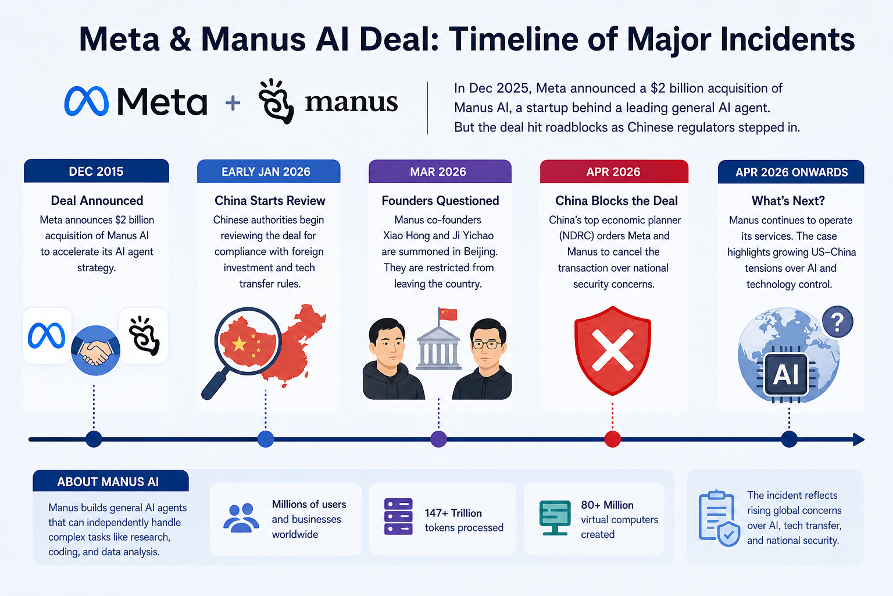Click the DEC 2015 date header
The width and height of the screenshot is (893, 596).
97,171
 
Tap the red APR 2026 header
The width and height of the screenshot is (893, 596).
614,172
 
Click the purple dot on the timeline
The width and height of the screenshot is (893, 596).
438,439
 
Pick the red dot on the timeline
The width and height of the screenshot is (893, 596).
612,439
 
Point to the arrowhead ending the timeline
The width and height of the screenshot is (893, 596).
859,439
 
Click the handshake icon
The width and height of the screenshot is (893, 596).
96,350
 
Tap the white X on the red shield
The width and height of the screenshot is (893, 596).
613,350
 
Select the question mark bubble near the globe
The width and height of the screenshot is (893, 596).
838,322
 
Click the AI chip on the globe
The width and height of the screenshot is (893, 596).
786,374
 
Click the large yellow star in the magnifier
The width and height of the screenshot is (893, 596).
239,344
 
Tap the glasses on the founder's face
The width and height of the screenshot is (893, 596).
487,344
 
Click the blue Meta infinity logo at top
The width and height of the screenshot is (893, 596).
87,101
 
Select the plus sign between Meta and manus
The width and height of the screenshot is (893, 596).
233,102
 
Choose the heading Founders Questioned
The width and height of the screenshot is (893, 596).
440,200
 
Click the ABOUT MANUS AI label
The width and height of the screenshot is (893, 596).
108,482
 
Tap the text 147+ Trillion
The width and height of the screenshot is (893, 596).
453,513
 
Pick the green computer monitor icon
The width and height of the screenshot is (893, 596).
555,518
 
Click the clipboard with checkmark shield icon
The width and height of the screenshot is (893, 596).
719,518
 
